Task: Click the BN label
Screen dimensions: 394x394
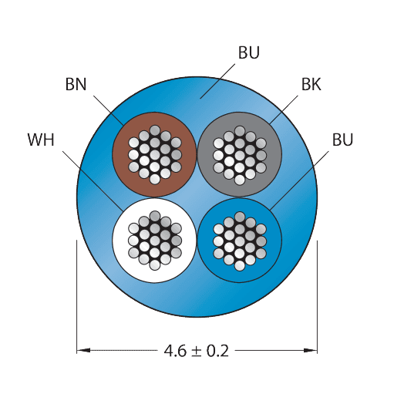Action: [x=76, y=84]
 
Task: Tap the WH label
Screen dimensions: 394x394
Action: [x=41, y=140]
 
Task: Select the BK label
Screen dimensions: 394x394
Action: [x=311, y=84]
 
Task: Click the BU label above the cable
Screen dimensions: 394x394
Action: [x=249, y=52]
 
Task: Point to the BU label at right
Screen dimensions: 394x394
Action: [x=342, y=140]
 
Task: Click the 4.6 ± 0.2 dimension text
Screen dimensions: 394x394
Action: [x=197, y=351]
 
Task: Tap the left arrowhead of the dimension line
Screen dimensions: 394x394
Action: [x=83, y=350]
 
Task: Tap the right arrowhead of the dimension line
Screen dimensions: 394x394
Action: [x=311, y=350]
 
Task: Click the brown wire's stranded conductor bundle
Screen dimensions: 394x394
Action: [x=155, y=155]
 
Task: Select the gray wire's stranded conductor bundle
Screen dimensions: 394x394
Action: [x=240, y=155]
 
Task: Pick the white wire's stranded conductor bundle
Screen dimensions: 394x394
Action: [x=155, y=241]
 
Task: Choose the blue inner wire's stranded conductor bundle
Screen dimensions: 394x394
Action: [x=240, y=241]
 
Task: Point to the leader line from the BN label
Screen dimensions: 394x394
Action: [x=108, y=111]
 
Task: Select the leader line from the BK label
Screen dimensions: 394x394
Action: [x=284, y=110]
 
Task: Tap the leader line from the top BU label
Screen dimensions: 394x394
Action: [x=217, y=81]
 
